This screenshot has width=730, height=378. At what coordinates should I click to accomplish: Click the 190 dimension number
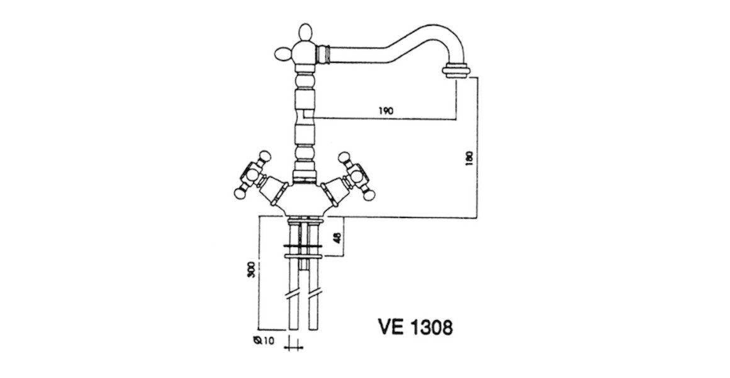(x=386, y=110)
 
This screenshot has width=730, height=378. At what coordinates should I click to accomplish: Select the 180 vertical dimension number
(x=469, y=158)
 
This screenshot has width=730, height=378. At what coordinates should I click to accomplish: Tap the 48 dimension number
(x=338, y=238)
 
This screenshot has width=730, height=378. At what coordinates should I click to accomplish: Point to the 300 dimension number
(x=251, y=270)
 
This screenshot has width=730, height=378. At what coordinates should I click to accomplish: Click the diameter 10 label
(x=264, y=341)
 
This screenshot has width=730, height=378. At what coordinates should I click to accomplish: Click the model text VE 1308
(x=415, y=327)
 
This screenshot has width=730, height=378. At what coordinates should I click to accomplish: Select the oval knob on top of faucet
(x=305, y=34)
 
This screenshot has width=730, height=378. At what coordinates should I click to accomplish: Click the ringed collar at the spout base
(x=324, y=53)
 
